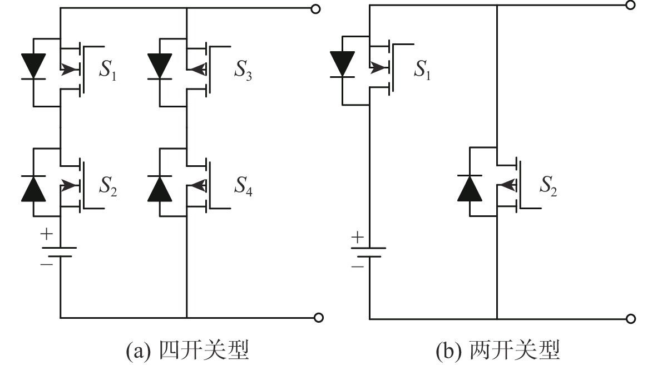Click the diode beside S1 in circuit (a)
coord(33,66)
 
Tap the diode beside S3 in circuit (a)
coord(160,66)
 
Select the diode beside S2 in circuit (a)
coord(33,188)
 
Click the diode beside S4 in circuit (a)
coord(160,188)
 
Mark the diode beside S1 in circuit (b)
coord(342,63)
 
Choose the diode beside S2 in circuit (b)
coord(470,188)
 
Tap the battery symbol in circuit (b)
coord(369,251)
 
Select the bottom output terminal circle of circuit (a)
coord(318,318)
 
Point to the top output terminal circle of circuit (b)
coord(630,5)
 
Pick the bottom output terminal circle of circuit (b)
coord(630,319)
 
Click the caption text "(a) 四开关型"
coord(187,351)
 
